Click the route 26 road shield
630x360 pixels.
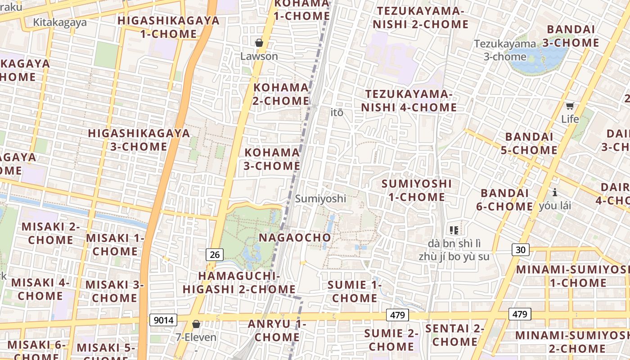215,255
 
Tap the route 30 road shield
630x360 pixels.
520,250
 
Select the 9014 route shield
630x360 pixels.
163,320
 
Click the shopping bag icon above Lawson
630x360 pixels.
259,43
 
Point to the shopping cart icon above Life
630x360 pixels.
570,106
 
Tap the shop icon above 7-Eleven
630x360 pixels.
196,324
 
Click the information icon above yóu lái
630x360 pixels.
555,193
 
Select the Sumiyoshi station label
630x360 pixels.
320,198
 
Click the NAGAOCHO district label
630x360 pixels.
295,237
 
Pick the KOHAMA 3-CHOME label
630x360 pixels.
272,159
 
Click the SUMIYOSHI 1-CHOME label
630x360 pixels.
416,190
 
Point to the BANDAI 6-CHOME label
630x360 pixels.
507,200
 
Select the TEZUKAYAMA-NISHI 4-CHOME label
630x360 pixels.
409,101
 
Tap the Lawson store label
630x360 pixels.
259,56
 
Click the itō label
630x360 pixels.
337,112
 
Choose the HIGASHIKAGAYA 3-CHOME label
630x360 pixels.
139,140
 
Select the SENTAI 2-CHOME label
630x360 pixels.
454,335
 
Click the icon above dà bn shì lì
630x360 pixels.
454,230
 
